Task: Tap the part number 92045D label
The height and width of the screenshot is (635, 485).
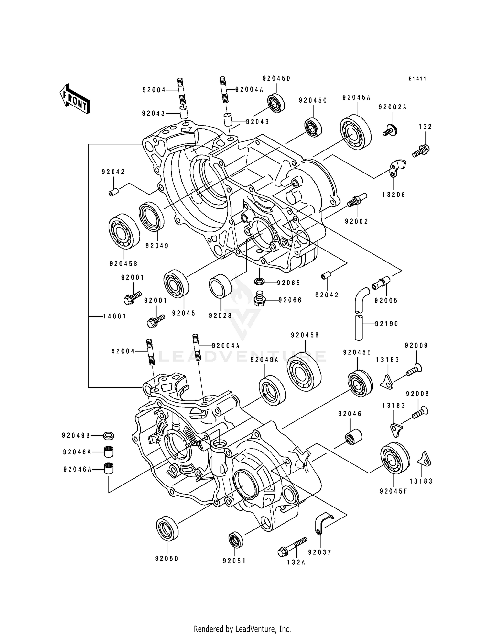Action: (276, 78)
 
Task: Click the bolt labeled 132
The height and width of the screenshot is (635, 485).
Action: (421, 150)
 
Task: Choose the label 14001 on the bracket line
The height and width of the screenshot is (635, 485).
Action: (115, 316)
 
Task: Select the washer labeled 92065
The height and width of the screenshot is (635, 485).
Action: (259, 281)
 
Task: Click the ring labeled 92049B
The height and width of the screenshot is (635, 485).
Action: (109, 436)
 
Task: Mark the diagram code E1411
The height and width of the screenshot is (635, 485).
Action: (417, 79)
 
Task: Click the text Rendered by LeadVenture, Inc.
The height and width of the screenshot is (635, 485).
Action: (242, 629)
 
